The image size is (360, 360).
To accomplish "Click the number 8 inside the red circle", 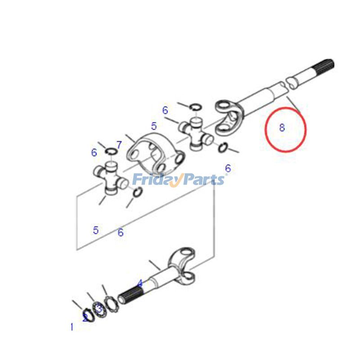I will click(282, 127).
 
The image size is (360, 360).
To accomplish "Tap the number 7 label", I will click(119, 145).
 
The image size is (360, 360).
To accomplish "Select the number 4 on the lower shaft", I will click(140, 283).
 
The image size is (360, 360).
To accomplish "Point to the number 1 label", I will click(72, 327).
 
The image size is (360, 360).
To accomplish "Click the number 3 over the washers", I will click(99, 309).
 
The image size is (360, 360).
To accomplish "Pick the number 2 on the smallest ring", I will click(85, 318).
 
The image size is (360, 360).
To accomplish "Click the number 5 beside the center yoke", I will click(154, 126).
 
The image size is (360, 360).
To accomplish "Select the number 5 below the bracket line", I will click(96, 230).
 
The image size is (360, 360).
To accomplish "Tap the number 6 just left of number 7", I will click(94, 153).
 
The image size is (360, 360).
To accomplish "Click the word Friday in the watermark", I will click(156, 180).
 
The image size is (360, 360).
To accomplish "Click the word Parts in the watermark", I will click(202, 180).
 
